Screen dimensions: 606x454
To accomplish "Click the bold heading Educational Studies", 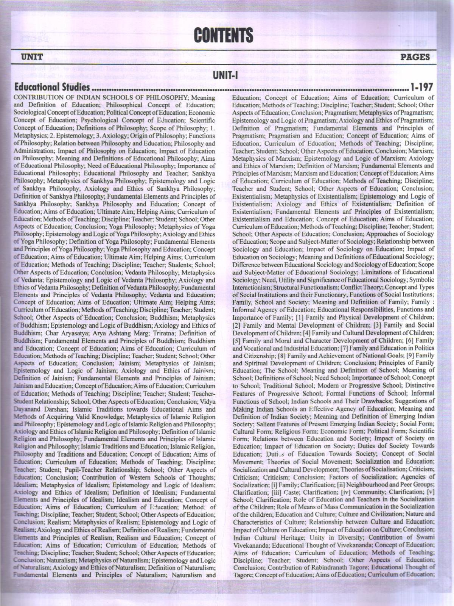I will (x=52, y=88).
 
